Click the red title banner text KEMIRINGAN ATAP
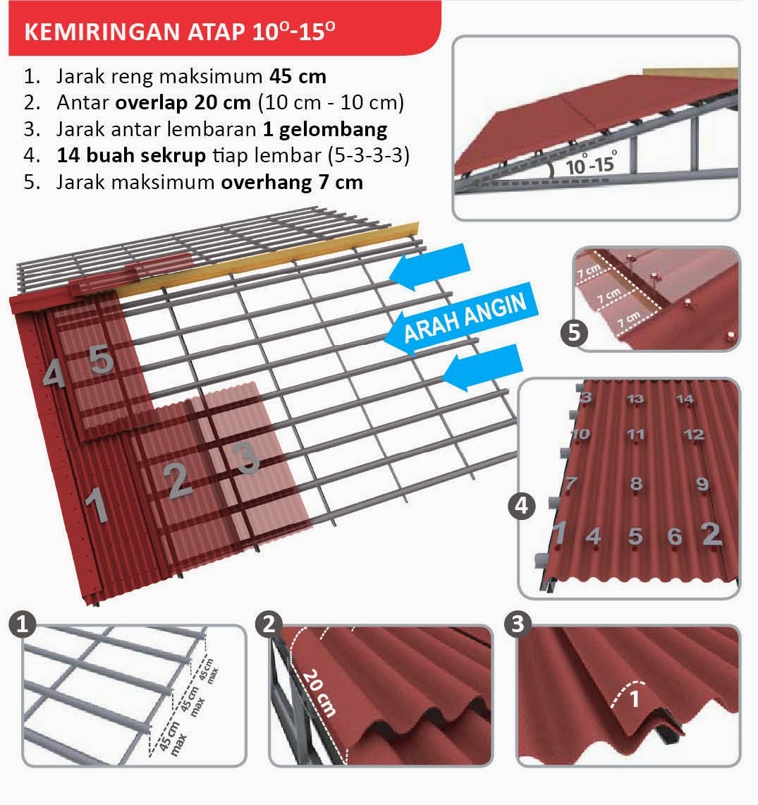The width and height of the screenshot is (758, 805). [135, 32]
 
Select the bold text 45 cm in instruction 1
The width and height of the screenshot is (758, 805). [298, 76]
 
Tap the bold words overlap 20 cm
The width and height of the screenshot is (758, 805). [183, 103]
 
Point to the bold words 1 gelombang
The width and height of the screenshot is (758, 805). [325, 129]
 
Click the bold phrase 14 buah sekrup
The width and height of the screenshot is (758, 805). [131, 155]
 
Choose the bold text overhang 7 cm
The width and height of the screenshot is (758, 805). [292, 182]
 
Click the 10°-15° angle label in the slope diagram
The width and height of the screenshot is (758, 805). [591, 163]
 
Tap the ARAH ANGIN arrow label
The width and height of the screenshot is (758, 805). [465, 317]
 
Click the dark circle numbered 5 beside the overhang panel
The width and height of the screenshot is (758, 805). [574, 333]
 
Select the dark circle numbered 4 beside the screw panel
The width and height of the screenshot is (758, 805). [521, 506]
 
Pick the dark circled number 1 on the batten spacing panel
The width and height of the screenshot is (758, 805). [22, 624]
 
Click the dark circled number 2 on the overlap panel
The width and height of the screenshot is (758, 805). [269, 624]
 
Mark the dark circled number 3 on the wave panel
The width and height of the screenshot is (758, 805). [518, 624]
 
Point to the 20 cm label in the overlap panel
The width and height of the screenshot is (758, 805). [319, 693]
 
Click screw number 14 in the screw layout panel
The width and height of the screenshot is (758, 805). [685, 399]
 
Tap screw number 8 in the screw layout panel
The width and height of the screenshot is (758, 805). [637, 483]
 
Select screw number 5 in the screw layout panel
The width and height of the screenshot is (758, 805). [635, 536]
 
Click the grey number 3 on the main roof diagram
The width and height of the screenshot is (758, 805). [246, 458]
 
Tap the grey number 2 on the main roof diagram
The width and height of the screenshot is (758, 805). [178, 480]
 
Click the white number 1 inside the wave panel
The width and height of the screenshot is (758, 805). [635, 698]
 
